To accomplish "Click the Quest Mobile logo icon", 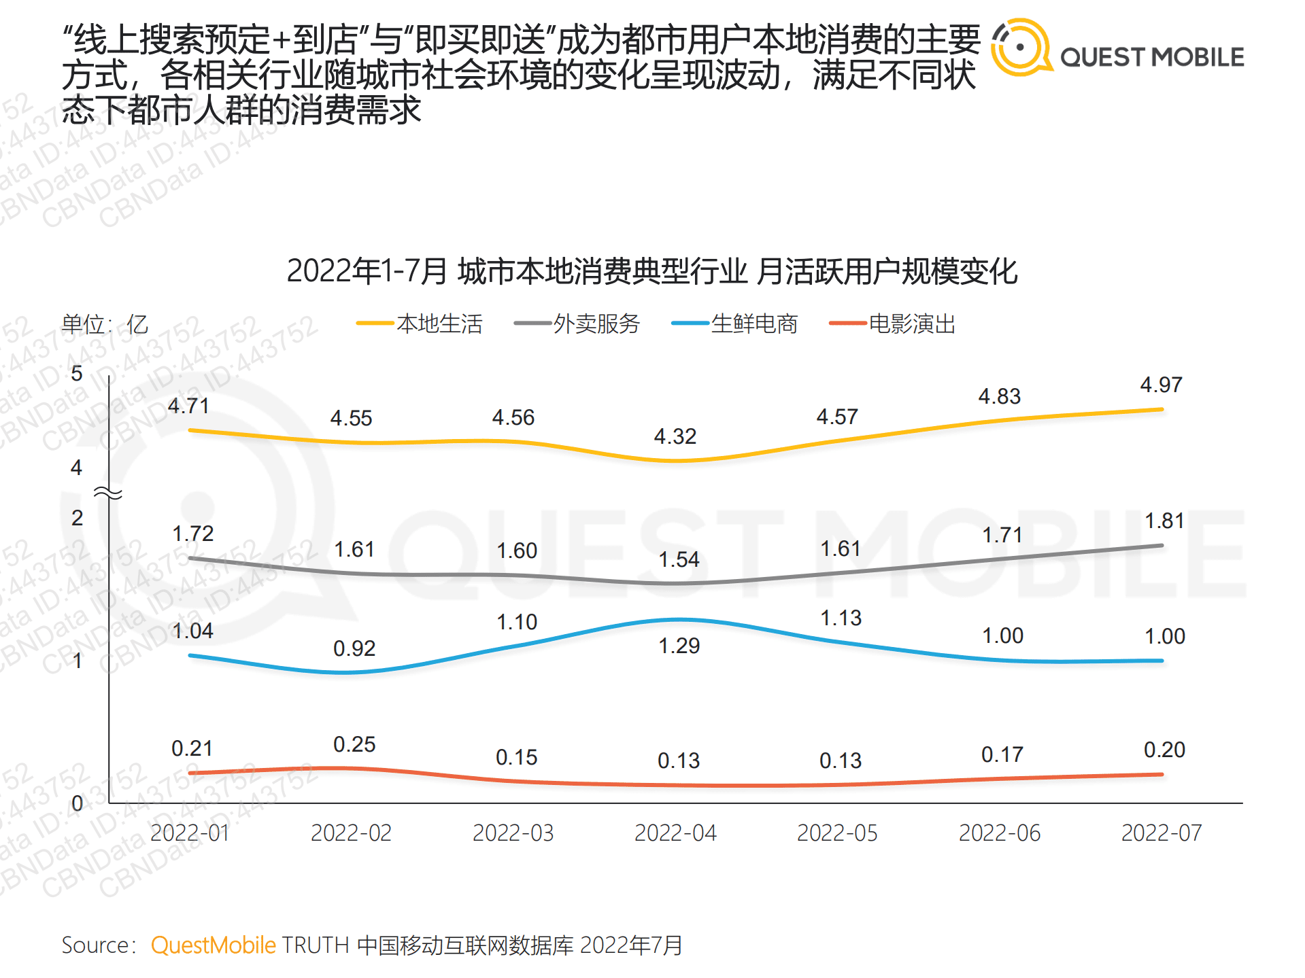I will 1020,48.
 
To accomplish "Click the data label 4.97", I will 1161,385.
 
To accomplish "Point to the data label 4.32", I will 675,436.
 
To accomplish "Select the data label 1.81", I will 1164,521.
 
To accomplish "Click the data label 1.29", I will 679,646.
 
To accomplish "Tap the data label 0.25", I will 354,744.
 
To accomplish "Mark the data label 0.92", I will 354,648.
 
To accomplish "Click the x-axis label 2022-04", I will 675,833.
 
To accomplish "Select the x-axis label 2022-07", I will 1161,833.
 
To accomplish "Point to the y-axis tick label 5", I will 77,373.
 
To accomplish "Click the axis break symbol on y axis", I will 107,493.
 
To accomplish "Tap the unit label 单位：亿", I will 105,324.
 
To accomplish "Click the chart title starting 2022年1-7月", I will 651,271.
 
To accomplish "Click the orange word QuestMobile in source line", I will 213,945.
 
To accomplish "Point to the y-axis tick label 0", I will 77,803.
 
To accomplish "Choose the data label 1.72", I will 192,534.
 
